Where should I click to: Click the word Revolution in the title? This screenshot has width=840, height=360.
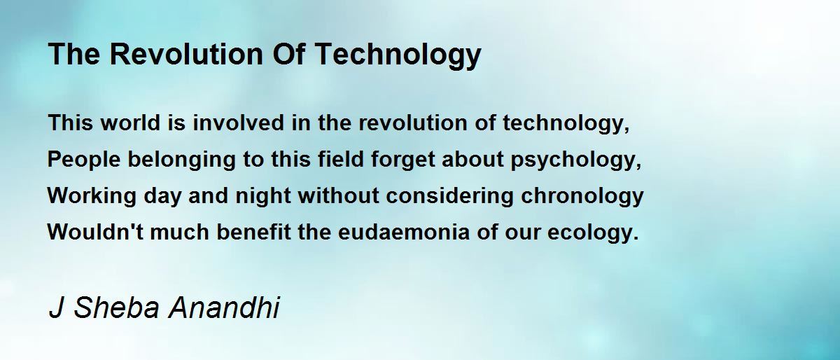(x=186, y=54)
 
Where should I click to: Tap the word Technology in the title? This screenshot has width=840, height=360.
(x=398, y=55)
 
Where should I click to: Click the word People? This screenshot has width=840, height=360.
(x=83, y=159)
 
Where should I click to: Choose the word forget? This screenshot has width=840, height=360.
(x=402, y=160)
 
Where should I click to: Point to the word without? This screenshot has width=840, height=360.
(x=338, y=195)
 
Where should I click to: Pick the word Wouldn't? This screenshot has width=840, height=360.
(x=95, y=232)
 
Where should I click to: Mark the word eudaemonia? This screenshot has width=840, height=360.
(x=403, y=232)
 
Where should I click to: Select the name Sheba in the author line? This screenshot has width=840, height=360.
(x=116, y=307)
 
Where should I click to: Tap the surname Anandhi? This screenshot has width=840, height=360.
(x=224, y=307)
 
